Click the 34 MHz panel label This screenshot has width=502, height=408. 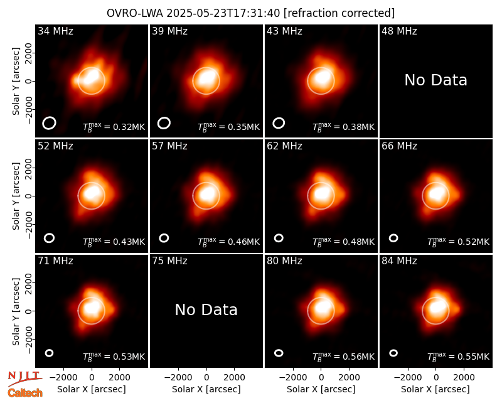(55, 31)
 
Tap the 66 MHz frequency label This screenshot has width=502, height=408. (399, 146)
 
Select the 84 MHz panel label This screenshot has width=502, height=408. (399, 261)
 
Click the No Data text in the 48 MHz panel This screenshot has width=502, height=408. (435, 80)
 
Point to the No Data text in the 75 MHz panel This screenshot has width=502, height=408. (206, 309)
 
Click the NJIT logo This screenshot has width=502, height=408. (24, 378)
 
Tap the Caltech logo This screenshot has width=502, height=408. (25, 393)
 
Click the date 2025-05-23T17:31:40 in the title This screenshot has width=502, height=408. (223, 13)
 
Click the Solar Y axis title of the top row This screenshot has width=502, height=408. (16, 82)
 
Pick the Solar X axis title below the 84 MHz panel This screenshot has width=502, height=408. (435, 389)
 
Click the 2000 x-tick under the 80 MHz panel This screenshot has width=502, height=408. (349, 378)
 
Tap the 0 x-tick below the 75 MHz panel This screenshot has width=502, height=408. (206, 378)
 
